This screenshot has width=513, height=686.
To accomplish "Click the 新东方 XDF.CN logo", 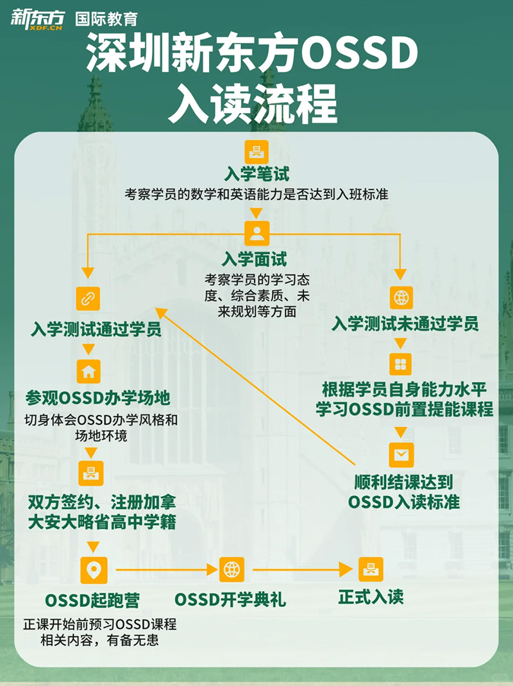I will click(37, 19).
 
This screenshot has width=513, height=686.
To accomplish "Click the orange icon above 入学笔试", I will click(256, 152).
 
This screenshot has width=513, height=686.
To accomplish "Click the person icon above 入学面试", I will click(256, 233).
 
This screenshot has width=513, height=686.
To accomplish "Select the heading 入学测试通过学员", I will click(96, 330).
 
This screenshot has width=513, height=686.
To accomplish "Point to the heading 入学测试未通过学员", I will click(405, 323).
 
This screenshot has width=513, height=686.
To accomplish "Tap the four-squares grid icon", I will click(401, 364).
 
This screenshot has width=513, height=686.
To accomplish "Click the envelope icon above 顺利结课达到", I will click(401, 454).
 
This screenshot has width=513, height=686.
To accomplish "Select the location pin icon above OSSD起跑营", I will click(94, 569).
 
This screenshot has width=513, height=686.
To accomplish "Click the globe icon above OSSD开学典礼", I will click(231, 569).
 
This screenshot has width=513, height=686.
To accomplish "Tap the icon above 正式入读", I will click(370, 569).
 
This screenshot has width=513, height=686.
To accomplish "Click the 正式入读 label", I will click(371, 597).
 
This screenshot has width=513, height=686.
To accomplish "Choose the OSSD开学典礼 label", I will click(230, 601).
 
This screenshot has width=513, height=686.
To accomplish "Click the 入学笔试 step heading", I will click(256, 174).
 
